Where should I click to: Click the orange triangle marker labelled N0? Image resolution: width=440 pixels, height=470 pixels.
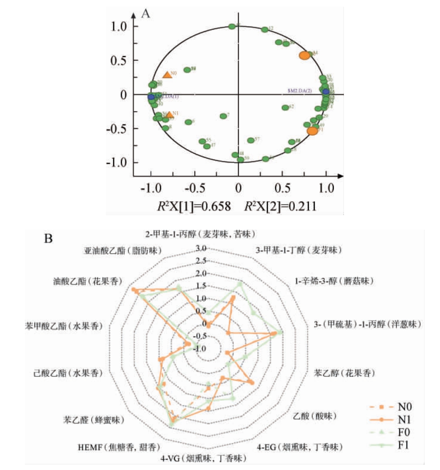click(x=167, y=75)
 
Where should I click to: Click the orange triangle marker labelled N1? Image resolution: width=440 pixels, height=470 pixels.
click(x=169, y=115)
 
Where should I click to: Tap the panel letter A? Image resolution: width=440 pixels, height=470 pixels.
click(x=145, y=14)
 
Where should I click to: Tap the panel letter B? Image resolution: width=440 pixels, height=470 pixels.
click(x=48, y=239)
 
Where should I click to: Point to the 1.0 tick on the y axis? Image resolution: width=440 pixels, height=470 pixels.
click(x=119, y=26)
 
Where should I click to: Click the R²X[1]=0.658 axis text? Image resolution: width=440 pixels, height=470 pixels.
click(x=194, y=206)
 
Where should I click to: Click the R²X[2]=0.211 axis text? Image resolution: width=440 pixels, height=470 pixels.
click(x=280, y=206)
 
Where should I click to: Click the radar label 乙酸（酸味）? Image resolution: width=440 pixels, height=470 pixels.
click(x=315, y=416)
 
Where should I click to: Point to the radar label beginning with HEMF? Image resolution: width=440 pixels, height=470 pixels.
click(x=119, y=447)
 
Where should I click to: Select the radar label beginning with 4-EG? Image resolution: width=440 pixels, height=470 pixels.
click(x=300, y=447)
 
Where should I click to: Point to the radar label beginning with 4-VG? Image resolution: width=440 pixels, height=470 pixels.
click(x=203, y=459)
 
